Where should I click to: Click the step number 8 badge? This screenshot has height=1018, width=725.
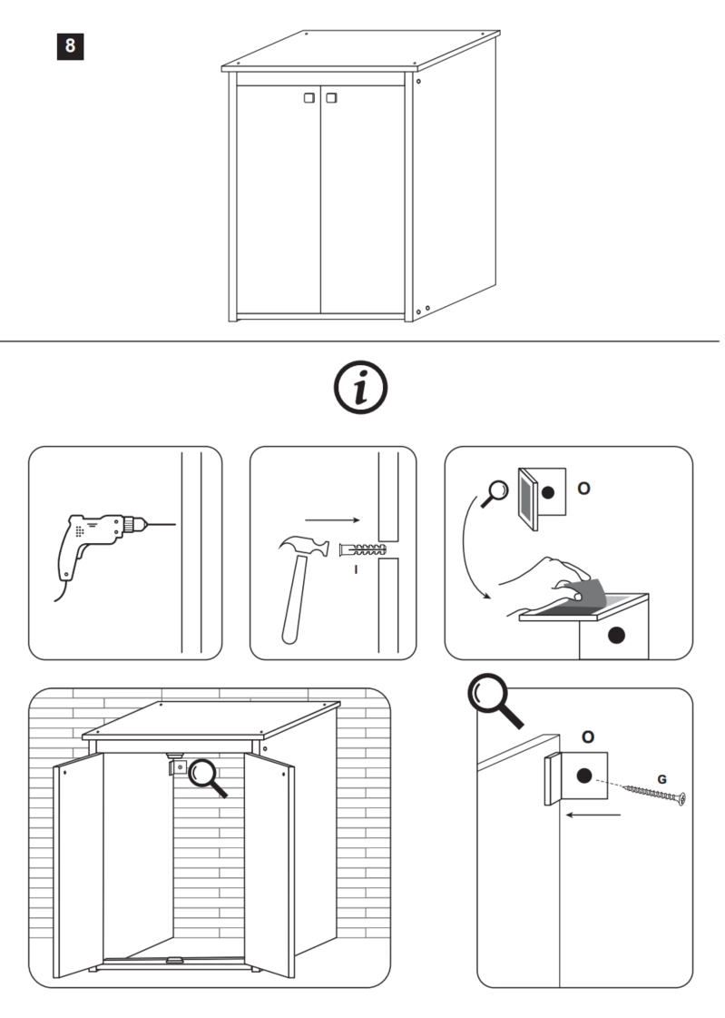[70, 45]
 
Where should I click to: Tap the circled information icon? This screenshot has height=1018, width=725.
[361, 387]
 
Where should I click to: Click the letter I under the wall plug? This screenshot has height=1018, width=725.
[357, 568]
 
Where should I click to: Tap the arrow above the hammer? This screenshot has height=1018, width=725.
[332, 519]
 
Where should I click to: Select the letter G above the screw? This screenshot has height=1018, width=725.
[661, 778]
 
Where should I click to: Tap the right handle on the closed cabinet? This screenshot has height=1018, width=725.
[330, 96]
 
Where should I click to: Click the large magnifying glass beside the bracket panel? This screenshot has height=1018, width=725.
[494, 700]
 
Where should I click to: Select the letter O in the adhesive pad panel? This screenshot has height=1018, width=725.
[583, 488]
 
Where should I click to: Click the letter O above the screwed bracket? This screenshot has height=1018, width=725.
[587, 736]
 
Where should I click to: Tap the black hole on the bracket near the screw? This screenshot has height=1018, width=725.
[583, 776]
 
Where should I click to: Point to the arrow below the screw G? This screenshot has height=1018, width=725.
[592, 815]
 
